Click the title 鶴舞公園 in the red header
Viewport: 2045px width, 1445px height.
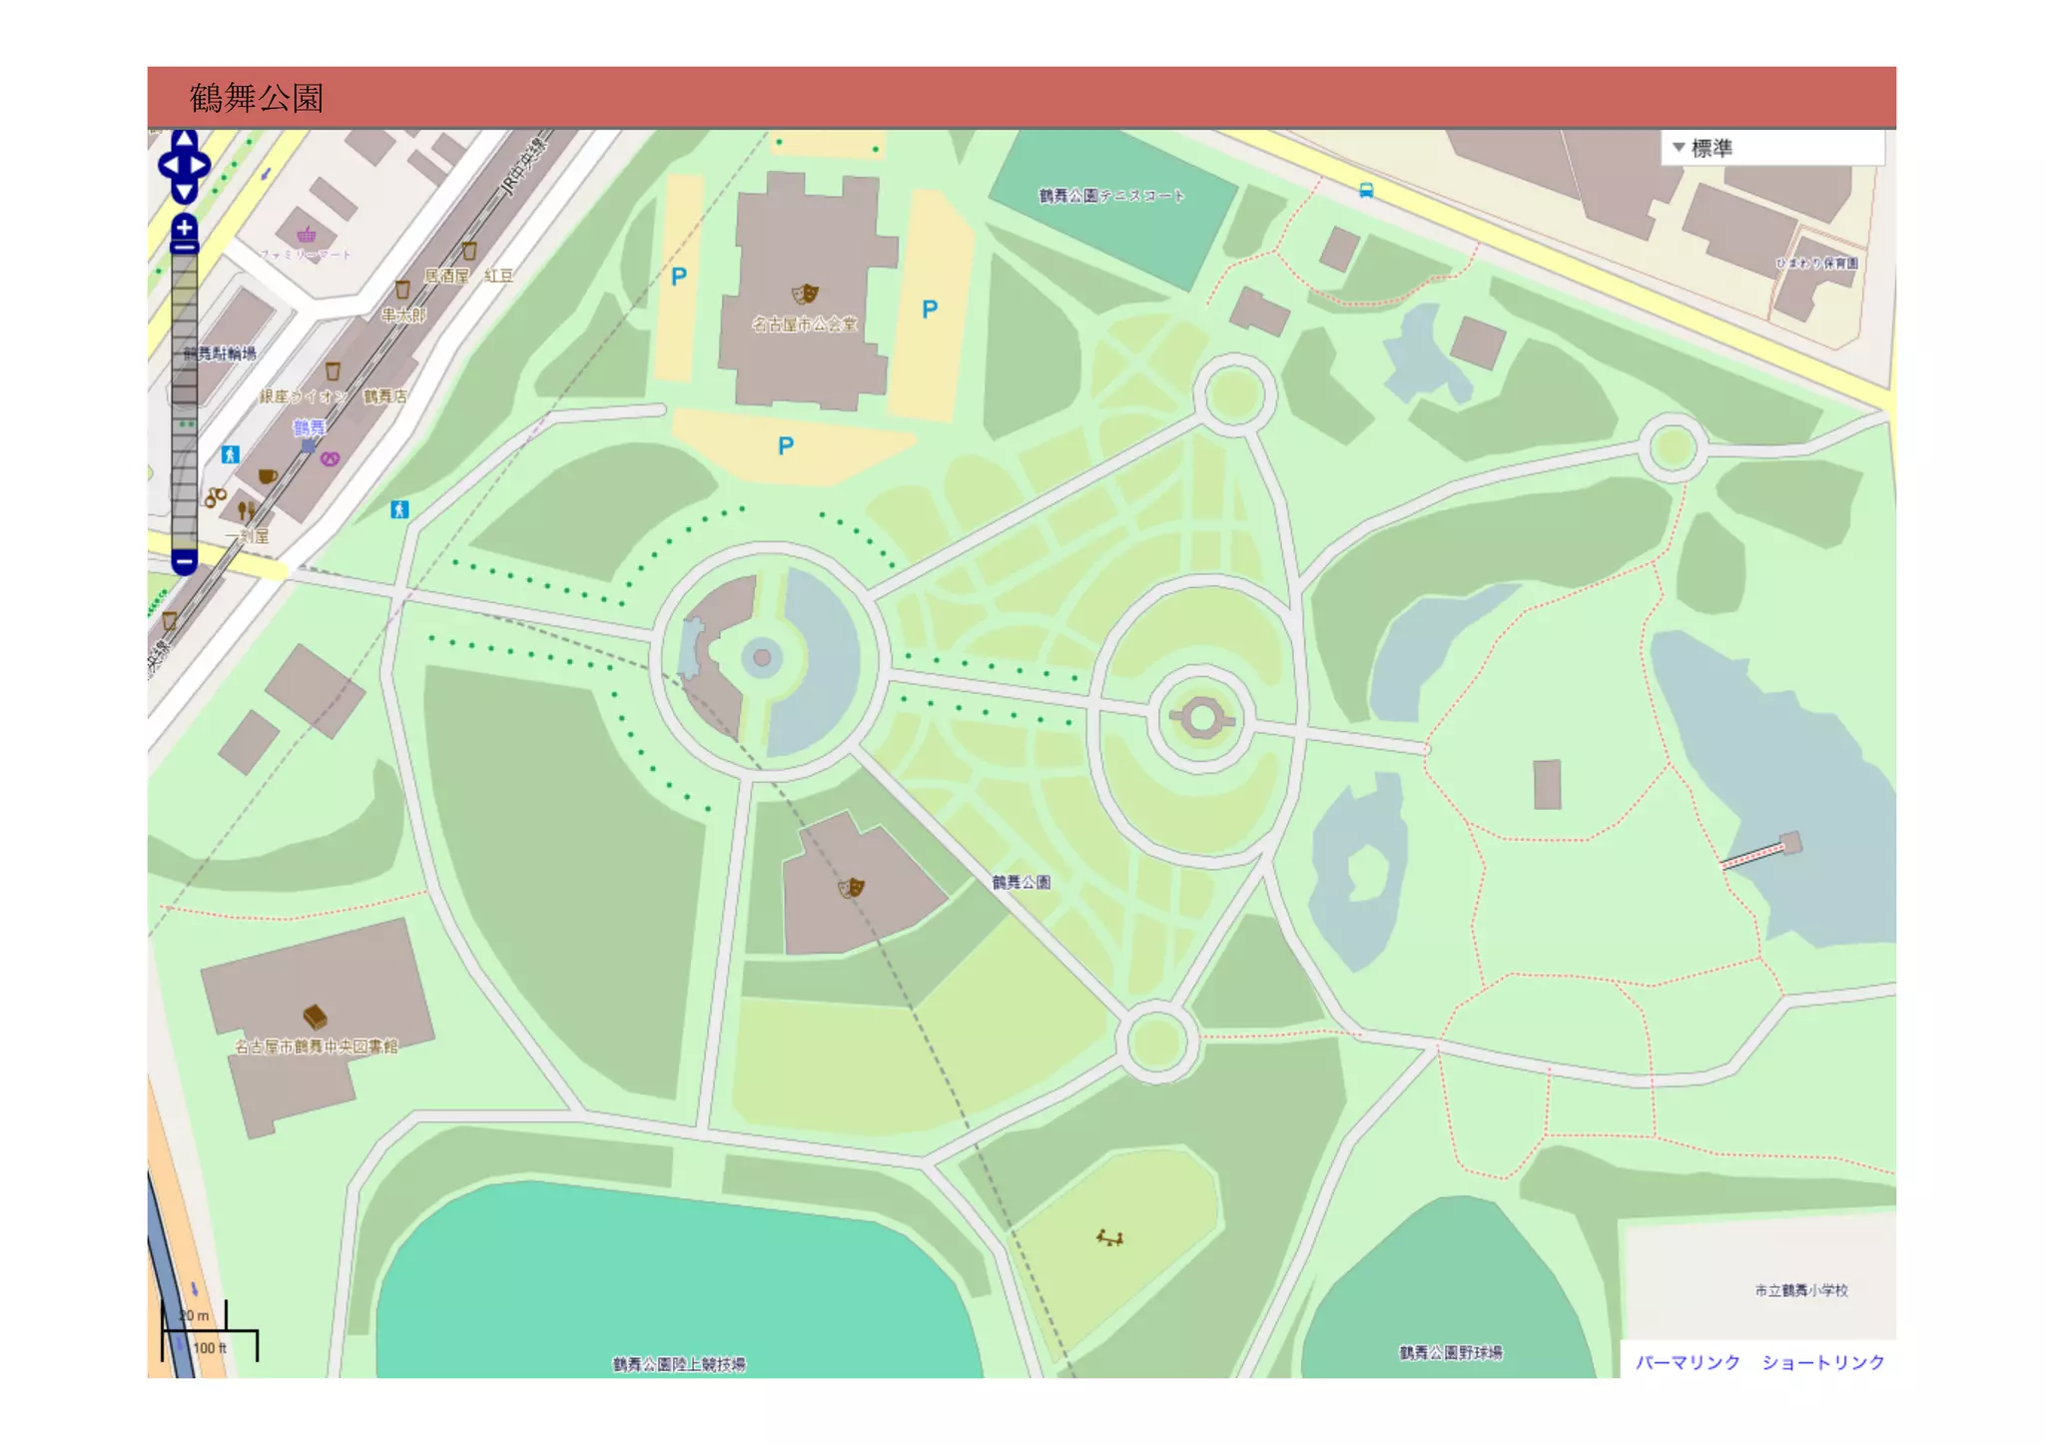point(257,98)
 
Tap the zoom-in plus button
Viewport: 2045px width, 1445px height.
point(185,228)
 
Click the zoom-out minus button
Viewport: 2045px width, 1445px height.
point(185,561)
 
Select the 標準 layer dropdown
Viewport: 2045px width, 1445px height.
point(1771,148)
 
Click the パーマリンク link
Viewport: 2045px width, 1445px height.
point(1687,1362)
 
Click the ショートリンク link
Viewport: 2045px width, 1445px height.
point(1822,1362)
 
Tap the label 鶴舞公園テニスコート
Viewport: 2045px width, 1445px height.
point(1110,196)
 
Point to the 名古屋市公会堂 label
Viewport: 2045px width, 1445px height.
point(804,324)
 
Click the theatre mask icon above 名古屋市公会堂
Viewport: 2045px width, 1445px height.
point(805,294)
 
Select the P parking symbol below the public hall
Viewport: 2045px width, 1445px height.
point(786,445)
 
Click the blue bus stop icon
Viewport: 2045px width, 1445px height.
point(1366,190)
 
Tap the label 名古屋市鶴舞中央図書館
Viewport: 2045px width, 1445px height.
point(316,1047)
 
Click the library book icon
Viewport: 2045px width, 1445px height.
point(315,1017)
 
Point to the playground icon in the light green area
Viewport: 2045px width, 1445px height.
point(1109,1238)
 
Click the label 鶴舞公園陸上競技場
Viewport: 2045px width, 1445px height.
point(678,1364)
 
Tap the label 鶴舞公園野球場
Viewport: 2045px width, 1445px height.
point(1450,1353)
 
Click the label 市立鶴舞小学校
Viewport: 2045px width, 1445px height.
point(1800,1290)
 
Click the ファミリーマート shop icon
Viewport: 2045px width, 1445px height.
point(307,235)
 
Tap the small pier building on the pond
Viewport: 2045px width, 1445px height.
point(1791,843)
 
